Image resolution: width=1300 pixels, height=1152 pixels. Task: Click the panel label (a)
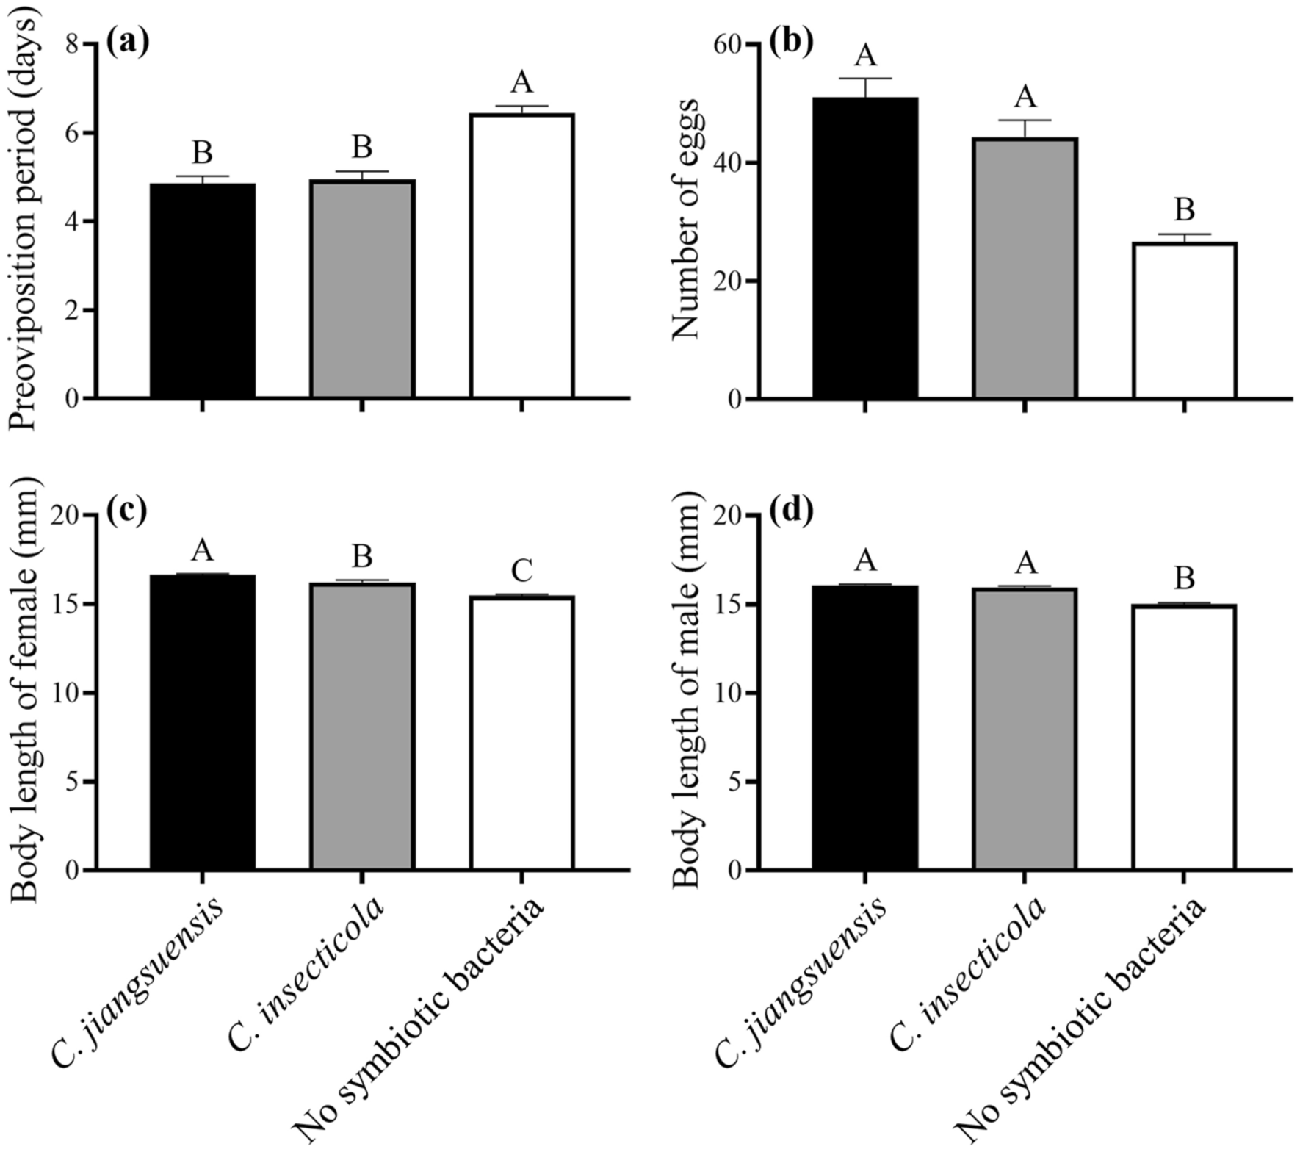pos(127,43)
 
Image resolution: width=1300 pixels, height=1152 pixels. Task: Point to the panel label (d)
pos(791,512)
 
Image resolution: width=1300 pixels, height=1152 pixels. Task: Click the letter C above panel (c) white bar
pos(521,570)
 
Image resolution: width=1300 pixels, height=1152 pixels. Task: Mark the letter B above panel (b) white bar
pos(1184,210)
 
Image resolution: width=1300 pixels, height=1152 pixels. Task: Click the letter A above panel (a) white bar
pos(521,82)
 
